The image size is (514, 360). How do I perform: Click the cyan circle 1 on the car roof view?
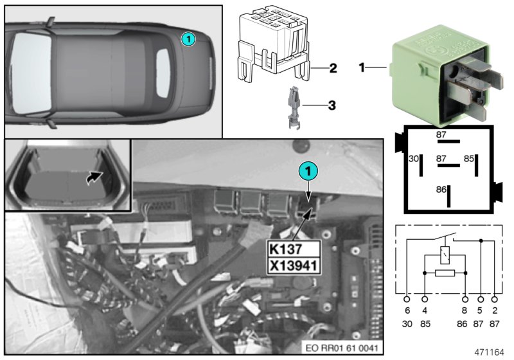[x=186, y=39]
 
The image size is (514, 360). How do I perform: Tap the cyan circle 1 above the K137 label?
[x=308, y=172]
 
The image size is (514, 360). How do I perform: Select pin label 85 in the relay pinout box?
[x=469, y=157]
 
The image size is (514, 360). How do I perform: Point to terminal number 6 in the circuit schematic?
[x=407, y=310]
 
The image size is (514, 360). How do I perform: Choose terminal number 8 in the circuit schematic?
[x=465, y=310]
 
